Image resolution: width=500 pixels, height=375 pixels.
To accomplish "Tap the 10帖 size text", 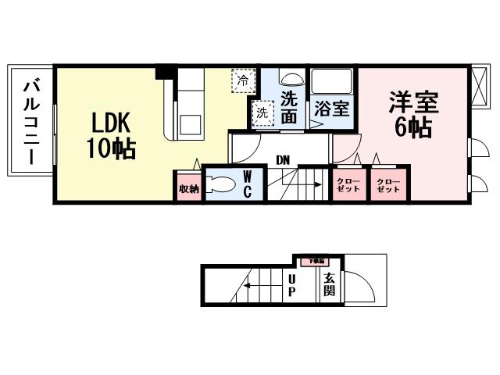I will point(111,148).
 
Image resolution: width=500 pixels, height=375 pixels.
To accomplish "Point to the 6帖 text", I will point(413,127).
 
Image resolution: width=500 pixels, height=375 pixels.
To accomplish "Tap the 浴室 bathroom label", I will point(332,109).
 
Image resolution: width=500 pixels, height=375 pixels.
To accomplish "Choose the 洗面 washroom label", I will point(289,108).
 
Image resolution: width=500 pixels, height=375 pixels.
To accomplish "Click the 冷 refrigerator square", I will point(243,79).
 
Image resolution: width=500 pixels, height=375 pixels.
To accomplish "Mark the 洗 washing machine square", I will point(262,112).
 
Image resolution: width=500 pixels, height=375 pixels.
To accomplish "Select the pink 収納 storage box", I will point(188,188).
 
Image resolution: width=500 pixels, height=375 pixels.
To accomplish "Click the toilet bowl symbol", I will point(223,184).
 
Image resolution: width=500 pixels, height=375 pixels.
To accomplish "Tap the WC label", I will point(246,184).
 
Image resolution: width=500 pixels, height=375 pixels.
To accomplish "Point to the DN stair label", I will point(283,160).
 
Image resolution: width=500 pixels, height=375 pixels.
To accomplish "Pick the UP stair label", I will point(291,285).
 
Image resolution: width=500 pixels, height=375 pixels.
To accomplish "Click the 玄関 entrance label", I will point(330,285).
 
